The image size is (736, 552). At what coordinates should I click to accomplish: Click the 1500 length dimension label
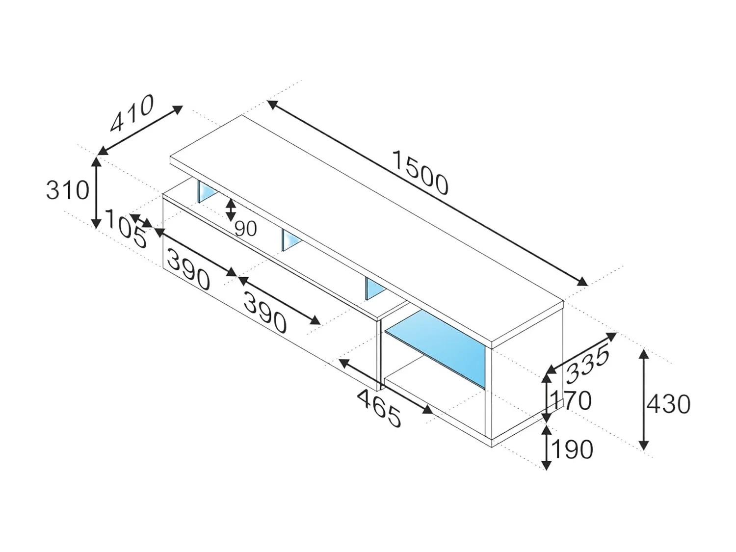click(421, 173)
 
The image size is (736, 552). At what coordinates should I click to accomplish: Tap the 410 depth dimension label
click(131, 114)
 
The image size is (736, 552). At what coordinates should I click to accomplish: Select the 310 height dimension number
click(68, 190)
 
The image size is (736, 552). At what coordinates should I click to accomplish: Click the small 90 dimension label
click(245, 229)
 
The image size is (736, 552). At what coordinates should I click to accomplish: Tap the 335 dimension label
click(587, 364)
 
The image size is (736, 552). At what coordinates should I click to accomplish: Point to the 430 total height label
click(668, 404)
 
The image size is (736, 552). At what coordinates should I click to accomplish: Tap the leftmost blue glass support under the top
click(206, 191)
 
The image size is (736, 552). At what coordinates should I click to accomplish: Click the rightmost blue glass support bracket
click(373, 289)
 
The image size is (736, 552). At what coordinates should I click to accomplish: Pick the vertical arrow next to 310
click(97, 192)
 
